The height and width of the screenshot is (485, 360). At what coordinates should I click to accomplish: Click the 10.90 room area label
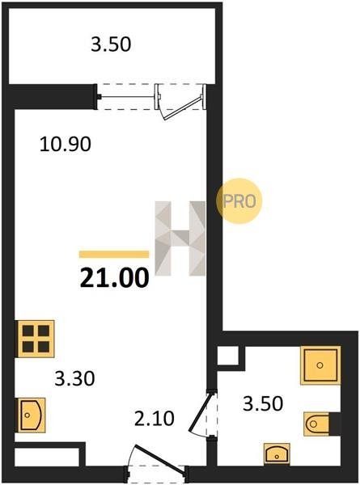coord(66,144)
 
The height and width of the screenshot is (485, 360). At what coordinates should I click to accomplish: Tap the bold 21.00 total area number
coord(115,278)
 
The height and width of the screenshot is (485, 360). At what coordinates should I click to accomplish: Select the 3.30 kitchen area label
coord(74,378)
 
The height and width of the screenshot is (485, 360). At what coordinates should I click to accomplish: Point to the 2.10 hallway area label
coord(155,419)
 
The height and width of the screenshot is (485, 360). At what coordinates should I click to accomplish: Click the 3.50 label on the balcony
coord(111,44)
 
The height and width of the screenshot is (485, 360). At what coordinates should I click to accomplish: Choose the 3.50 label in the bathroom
coord(263,403)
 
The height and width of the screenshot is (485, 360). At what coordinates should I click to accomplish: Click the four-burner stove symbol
coord(36,339)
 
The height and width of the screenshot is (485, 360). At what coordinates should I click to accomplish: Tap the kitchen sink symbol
coord(32,415)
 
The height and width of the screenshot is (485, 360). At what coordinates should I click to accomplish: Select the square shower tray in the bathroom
coord(320,365)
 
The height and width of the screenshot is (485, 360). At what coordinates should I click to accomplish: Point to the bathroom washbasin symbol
coord(277,454)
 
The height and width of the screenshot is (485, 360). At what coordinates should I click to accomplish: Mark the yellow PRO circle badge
coord(239,201)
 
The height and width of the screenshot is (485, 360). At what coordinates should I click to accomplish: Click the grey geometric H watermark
coord(180,238)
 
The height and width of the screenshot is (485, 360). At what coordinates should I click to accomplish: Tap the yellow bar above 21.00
coord(114,255)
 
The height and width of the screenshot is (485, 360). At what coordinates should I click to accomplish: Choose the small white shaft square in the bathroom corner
coord(228,356)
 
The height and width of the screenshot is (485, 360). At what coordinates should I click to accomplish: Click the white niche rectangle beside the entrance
coord(47,458)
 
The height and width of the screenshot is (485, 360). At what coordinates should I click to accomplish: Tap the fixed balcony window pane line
coord(128,97)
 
